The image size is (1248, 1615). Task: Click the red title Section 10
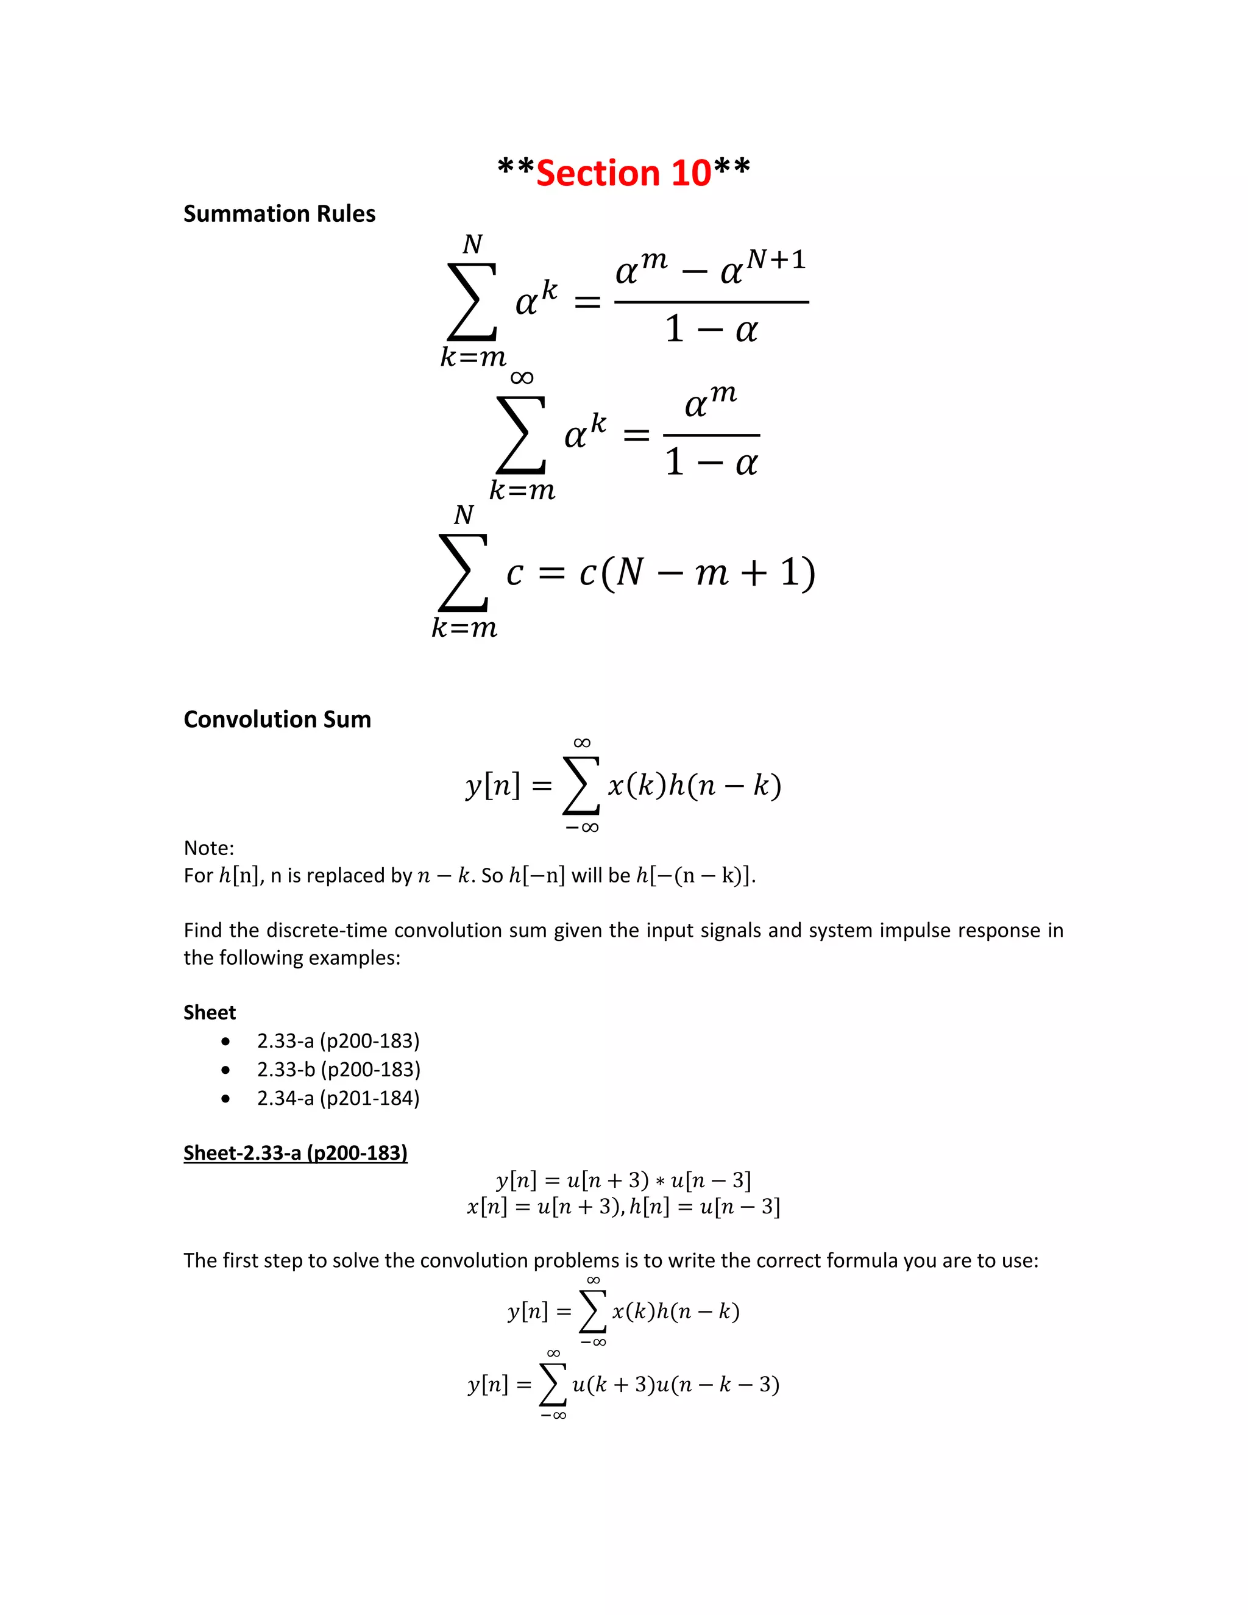coord(623,173)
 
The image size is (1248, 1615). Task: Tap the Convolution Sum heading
coord(277,720)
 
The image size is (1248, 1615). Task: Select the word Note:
coord(208,848)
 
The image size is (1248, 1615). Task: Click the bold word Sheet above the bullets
coord(209,1012)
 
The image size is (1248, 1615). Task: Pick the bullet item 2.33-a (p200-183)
coord(338,1041)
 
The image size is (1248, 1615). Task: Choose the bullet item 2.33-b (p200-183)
coord(339,1070)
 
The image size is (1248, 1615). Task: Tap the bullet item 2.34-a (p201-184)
coord(338,1098)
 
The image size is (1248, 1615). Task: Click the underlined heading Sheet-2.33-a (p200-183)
coord(295,1153)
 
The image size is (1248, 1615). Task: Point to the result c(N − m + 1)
coord(697,572)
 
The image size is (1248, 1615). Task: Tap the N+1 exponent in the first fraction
coord(776,260)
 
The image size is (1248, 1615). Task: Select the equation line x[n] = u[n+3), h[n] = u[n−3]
coord(623,1207)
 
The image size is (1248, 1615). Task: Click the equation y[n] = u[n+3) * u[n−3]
coord(623,1180)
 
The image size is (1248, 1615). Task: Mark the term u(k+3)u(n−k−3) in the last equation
coord(675,1384)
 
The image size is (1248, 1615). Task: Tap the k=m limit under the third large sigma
coord(464,628)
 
